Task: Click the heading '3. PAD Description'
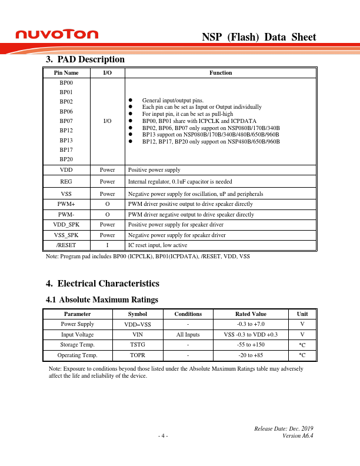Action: (85, 59)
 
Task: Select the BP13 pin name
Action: (66, 141)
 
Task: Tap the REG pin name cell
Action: (66, 182)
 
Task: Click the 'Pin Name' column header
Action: (66, 73)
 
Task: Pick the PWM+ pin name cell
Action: (66, 204)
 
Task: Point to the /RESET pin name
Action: (66, 246)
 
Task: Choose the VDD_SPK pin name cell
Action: (66, 225)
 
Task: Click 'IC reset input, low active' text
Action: (158, 246)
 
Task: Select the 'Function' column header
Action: (221, 73)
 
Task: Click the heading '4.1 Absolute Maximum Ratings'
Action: (102, 300)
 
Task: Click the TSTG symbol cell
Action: (138, 345)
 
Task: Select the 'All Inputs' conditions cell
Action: (188, 335)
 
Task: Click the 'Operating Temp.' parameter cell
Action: (77, 355)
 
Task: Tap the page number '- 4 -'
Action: (163, 436)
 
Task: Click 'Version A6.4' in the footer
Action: (298, 436)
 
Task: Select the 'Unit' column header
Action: (302, 314)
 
